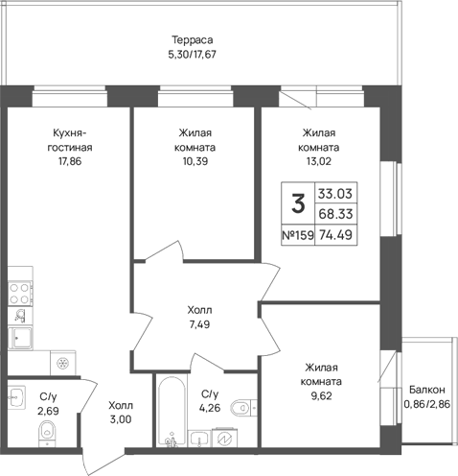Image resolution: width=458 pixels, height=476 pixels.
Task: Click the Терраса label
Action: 193,40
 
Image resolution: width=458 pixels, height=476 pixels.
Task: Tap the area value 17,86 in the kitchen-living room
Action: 70,161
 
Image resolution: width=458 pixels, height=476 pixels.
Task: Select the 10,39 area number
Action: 195,161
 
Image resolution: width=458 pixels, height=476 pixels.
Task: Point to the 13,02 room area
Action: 319,161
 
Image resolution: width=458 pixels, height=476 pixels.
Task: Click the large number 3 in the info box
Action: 298,203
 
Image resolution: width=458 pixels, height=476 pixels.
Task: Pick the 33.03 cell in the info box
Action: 335,194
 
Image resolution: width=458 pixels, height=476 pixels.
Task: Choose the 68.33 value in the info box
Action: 335,214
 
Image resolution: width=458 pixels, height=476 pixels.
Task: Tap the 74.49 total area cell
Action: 335,235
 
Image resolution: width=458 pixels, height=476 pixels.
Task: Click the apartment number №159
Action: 298,235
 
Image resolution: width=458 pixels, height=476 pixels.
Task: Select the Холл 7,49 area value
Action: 199,324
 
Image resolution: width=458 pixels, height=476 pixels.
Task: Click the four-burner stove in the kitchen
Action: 20,294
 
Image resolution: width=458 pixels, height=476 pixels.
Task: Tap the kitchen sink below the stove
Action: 21,338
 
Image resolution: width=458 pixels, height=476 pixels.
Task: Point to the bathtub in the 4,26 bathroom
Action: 172,411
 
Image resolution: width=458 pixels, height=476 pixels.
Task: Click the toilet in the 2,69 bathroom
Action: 47,434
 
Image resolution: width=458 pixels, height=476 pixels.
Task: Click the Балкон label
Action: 427,390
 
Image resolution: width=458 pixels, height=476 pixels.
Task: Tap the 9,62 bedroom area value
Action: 321,396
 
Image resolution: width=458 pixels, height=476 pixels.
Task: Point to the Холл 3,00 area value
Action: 121,419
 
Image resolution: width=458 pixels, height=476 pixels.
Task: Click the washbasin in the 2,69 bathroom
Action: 16,397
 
